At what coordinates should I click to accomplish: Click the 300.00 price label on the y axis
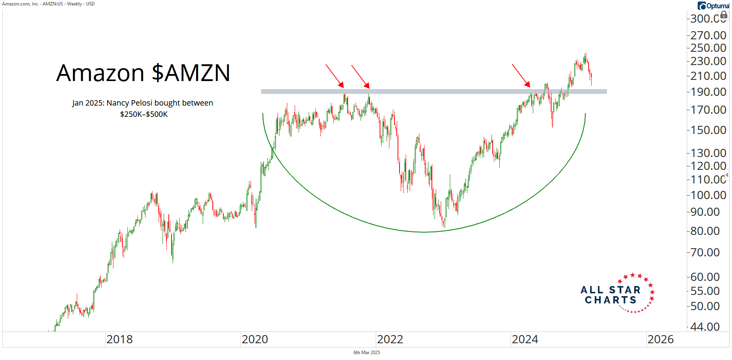tap(708, 18)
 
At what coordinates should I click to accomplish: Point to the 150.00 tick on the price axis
tap(708, 130)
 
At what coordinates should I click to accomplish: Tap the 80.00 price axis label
tap(705, 231)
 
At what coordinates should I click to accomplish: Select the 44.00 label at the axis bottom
tap(705, 326)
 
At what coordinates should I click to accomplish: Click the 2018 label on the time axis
tap(119, 339)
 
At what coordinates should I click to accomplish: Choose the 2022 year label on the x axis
tap(390, 339)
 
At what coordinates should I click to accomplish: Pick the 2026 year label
tap(660, 339)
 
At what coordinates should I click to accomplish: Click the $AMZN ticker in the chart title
tap(191, 73)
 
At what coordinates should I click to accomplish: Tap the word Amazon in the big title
tap(100, 73)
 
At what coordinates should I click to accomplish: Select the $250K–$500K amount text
tap(144, 114)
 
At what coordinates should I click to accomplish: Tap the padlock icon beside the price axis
tap(723, 15)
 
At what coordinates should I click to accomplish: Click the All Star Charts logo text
tap(611, 295)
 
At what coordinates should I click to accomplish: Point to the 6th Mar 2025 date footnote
tap(366, 353)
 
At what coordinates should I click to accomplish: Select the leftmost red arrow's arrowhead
tap(342, 85)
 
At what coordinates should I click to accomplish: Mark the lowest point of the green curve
tap(424, 232)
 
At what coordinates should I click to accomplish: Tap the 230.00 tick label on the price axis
tap(708, 61)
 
